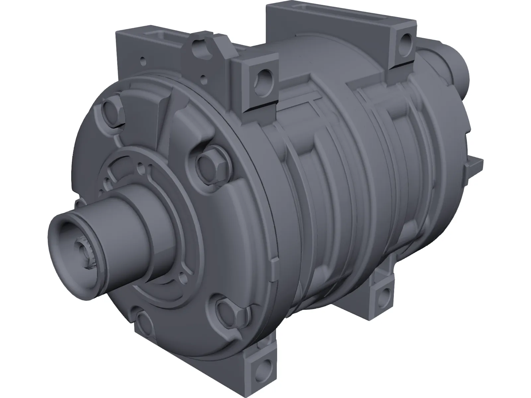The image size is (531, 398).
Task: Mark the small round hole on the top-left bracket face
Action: click(x=143, y=61)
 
